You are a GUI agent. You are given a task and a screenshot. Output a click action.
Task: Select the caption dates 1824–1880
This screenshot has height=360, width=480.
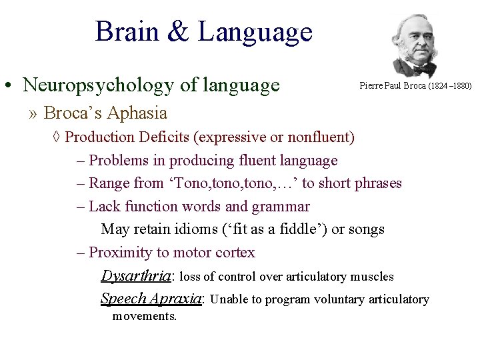click(451, 86)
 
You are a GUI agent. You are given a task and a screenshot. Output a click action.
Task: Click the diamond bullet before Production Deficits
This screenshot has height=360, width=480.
click(57, 137)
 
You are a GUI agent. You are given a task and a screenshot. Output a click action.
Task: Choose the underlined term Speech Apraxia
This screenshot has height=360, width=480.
click(151, 298)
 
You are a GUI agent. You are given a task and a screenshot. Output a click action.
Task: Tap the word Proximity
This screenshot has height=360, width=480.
click(120, 253)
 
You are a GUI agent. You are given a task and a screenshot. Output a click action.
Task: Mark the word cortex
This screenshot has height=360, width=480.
click(235, 253)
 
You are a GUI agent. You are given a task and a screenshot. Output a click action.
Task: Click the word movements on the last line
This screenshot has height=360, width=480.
click(145, 316)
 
